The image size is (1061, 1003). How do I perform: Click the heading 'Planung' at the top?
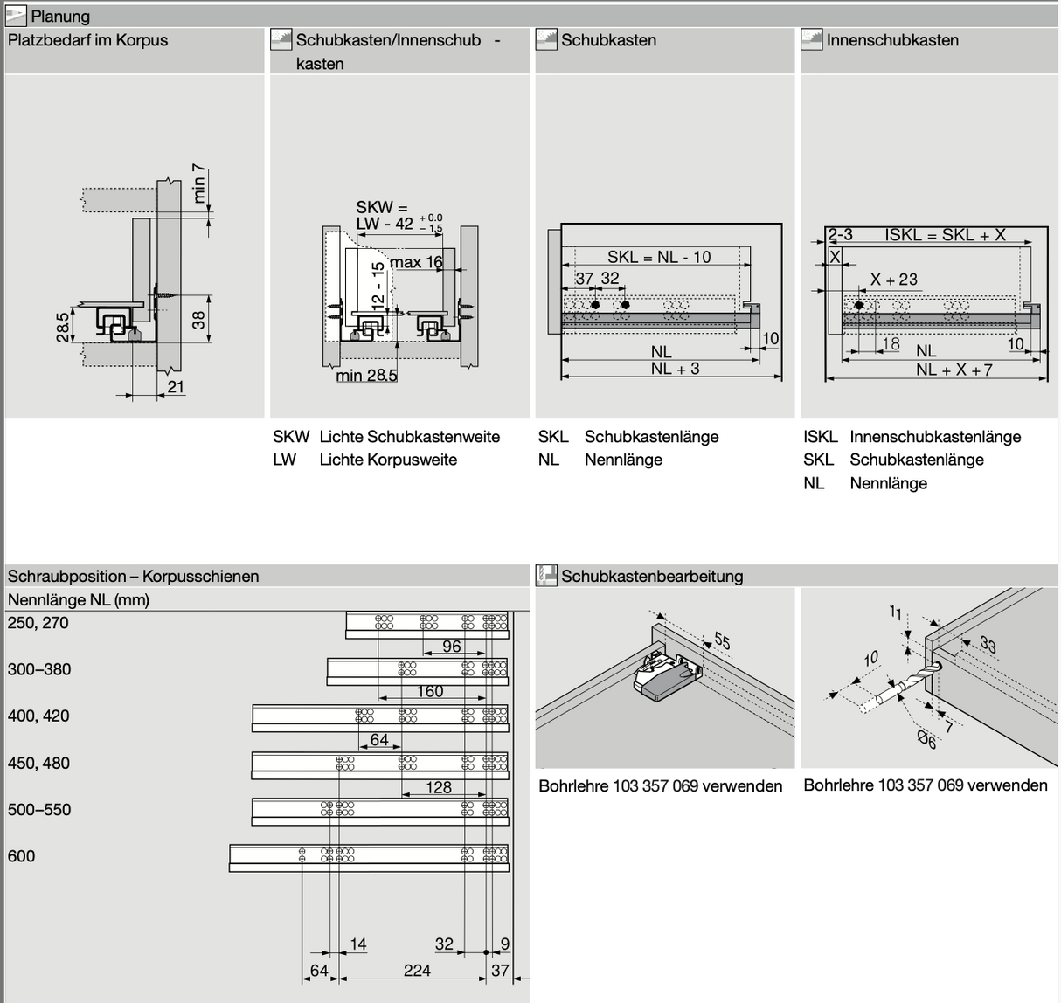[59, 17]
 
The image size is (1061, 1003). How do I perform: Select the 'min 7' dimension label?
[199, 183]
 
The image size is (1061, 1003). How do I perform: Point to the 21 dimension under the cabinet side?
[176, 386]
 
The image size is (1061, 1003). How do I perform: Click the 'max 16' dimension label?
[416, 262]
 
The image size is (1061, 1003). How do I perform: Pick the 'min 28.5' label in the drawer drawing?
[366, 376]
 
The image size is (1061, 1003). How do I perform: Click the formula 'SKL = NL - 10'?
[659, 257]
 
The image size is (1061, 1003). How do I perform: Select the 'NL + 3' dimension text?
[675, 369]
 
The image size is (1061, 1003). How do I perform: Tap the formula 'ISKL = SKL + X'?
[945, 234]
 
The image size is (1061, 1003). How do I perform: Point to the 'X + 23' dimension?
[894, 280]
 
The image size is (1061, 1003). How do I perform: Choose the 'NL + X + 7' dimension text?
[954, 370]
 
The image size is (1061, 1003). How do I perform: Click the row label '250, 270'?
[38, 623]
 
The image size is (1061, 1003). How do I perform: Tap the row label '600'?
[22, 856]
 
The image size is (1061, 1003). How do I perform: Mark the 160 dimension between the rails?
[429, 691]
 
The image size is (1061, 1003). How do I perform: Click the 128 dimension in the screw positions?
[439, 787]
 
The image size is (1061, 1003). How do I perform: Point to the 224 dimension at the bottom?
[417, 970]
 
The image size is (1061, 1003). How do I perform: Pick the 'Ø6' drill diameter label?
[926, 741]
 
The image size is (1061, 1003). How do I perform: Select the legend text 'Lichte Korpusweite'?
[388, 460]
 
